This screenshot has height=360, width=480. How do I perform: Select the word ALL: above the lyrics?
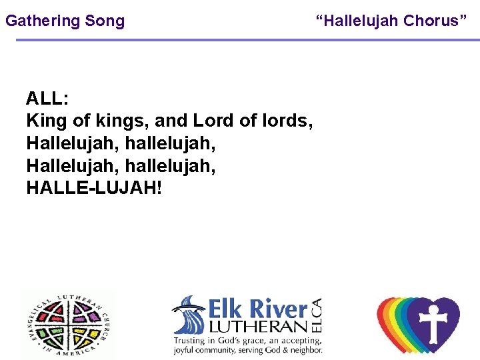tap(47, 99)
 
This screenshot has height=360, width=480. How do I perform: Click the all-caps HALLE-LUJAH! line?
tap(93, 188)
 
